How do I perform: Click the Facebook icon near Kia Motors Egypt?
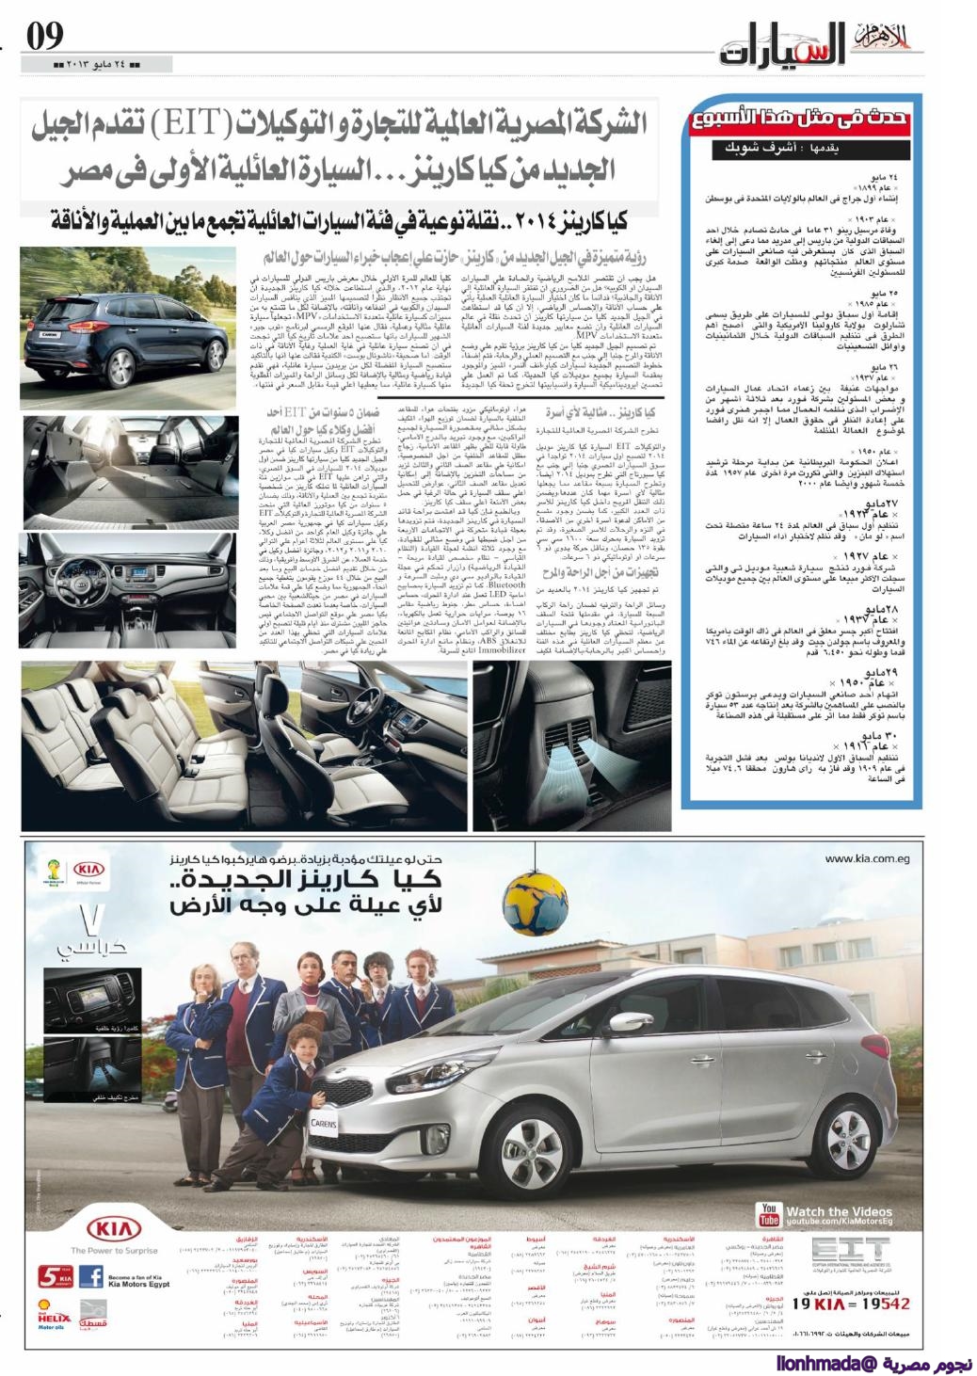(x=90, y=1277)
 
